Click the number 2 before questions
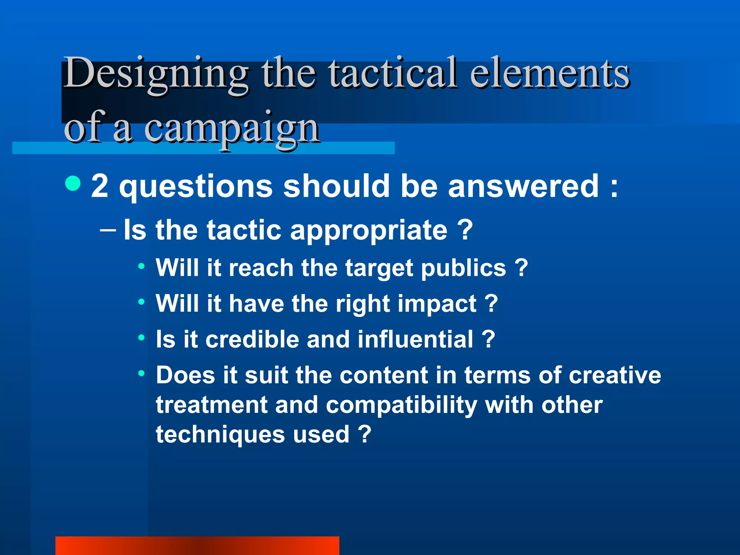[x=100, y=186]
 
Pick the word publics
[x=464, y=268]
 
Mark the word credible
[x=252, y=339]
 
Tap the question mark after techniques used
[x=365, y=434]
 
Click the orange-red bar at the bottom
[x=197, y=546]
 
